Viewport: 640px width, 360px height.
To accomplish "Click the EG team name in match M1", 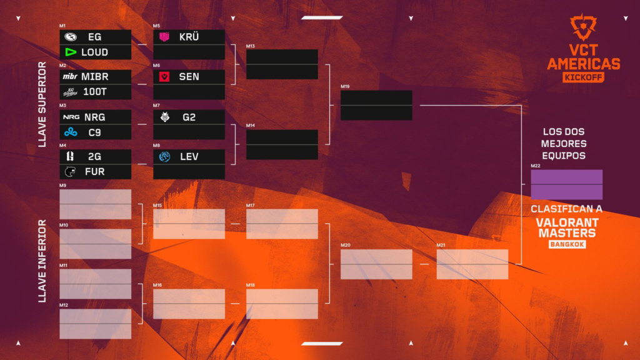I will coord(94,37).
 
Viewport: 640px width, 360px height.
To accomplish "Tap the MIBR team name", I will coord(94,77).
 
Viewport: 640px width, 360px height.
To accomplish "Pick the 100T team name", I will coord(94,92).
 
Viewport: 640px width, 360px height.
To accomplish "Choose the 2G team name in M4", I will coord(94,156).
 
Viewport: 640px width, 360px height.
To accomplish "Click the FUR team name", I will coord(94,171).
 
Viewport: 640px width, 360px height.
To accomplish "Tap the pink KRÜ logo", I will coord(164,37).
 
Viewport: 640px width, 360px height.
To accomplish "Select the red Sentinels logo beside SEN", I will coord(164,77).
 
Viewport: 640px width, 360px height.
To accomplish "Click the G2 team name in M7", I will coord(189,117).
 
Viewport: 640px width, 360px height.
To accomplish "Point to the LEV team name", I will coord(189,156).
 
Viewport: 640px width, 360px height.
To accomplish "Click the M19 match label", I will coord(345,86).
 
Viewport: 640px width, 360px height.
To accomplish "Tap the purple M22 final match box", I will coord(566,184).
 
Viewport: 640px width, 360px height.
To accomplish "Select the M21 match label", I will coord(441,246).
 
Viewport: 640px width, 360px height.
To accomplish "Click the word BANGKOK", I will coord(567,244).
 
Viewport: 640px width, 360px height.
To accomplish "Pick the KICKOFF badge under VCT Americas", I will coord(583,77).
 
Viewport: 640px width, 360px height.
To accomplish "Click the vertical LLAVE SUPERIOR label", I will coord(42,104).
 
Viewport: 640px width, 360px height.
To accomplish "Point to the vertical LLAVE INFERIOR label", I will coord(42,261).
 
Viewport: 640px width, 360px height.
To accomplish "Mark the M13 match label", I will coord(250,46).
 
